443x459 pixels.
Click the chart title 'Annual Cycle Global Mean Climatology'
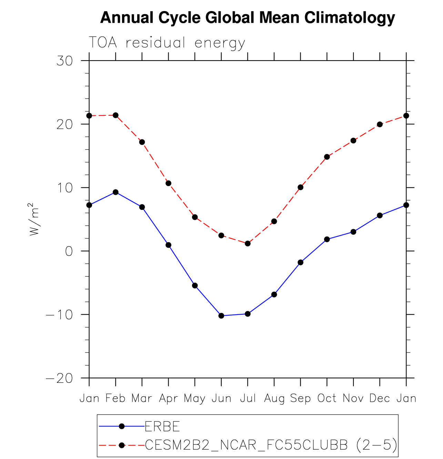point(247,18)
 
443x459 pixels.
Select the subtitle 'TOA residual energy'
point(167,43)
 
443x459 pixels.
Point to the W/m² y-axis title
point(34,219)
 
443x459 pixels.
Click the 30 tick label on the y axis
point(65,61)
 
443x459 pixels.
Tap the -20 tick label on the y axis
point(60,378)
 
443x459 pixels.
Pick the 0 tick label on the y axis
point(69,251)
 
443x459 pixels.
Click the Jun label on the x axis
point(221,398)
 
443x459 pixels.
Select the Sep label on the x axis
point(300,398)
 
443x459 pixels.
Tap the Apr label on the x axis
point(168,398)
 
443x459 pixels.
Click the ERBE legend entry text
point(162,427)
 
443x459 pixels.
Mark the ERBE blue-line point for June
point(221,316)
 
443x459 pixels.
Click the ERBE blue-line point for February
point(115,192)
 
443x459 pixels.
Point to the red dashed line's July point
point(248,244)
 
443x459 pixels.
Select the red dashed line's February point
point(115,115)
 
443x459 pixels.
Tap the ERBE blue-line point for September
point(300,263)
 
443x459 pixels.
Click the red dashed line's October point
point(327,157)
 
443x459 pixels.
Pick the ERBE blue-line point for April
point(168,245)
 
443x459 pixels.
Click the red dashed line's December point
point(380,124)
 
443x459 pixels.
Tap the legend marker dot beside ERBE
point(121,427)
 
